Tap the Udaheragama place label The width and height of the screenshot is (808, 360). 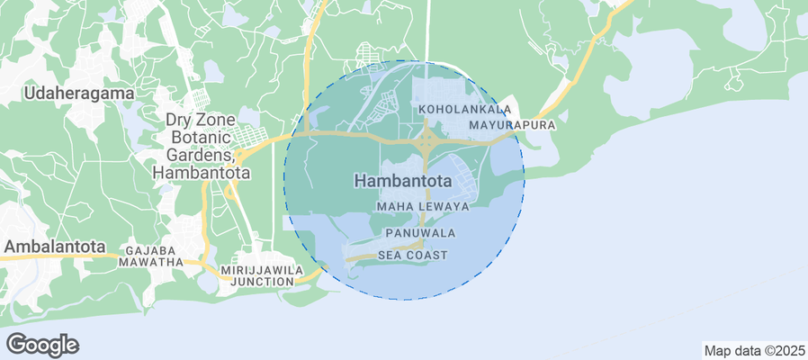tap(80, 93)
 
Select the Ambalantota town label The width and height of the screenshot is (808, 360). tap(54, 246)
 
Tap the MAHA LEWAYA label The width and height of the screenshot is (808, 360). tap(423, 206)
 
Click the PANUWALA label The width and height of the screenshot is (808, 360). tap(419, 232)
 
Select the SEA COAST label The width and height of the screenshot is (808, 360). tap(412, 256)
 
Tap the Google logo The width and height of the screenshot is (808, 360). tap(41, 344)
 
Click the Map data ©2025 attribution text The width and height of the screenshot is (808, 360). tap(753, 350)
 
